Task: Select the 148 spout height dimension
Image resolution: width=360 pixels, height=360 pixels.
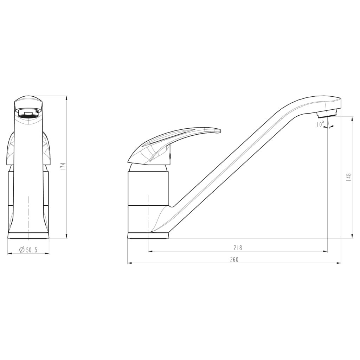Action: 349,177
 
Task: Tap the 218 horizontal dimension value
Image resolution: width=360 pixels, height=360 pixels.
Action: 238,248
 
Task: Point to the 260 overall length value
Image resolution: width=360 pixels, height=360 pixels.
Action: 234,260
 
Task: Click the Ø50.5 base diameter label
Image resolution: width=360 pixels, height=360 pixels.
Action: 28,250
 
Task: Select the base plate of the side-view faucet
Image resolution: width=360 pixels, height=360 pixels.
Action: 148,236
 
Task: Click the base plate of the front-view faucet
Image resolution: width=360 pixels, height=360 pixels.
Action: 28,236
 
